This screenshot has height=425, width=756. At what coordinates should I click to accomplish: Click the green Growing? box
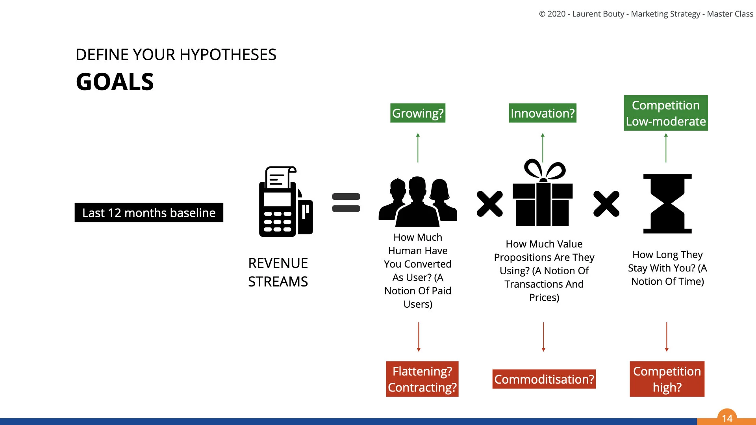418,113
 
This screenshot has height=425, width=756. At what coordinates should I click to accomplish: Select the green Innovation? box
543,113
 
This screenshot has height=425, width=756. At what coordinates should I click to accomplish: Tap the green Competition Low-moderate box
666,113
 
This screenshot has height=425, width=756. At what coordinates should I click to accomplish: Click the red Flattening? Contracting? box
422,379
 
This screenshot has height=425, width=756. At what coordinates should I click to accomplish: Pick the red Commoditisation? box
544,379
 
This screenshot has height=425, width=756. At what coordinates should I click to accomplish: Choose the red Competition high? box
667,379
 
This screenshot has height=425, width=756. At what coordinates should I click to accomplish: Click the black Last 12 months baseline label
149,213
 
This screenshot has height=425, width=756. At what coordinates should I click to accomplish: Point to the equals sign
346,202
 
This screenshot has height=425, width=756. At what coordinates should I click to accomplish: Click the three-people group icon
418,201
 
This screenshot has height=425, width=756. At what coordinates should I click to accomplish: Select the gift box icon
543,194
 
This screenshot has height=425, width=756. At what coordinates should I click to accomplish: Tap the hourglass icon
667,203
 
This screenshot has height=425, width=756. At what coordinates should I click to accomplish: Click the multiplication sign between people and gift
489,204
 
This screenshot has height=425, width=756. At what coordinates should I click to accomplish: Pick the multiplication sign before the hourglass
606,204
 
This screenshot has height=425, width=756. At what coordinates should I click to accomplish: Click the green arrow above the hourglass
666,148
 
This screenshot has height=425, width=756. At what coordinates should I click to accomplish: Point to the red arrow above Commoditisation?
543,337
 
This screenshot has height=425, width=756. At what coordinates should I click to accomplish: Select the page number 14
727,418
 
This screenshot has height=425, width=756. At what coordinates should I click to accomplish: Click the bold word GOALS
115,82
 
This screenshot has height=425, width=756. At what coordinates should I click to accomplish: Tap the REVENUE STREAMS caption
278,272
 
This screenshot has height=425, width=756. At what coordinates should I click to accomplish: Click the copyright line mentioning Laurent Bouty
646,14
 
